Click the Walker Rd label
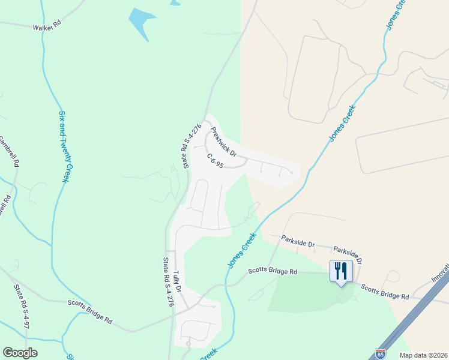pyautogui.click(x=47, y=27)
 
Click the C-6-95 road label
pyautogui.click(x=215, y=161)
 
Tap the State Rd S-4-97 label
pyautogui.click(x=22, y=306)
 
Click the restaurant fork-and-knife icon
pyautogui.click(x=341, y=271)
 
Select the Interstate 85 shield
pyautogui.click(x=380, y=354)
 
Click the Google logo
pyautogui.click(x=20, y=353)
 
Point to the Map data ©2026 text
pyautogui.click(x=423, y=355)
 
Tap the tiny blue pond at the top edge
pyautogui.click(x=175, y=2)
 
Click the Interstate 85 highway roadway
pyautogui.click(x=414, y=324)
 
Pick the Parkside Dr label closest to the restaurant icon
pyautogui.click(x=348, y=253)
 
